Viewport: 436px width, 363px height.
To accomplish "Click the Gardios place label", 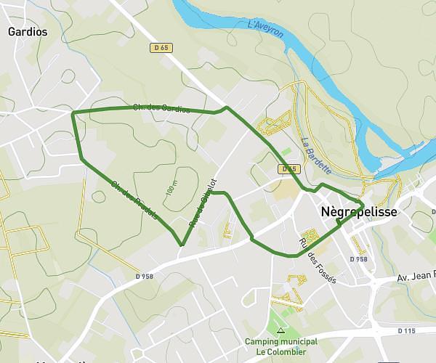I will coord(27,32).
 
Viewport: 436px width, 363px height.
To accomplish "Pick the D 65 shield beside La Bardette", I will coord(289,169).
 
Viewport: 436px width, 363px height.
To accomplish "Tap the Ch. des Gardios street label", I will coord(161,109).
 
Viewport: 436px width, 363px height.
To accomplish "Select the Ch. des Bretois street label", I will coord(131,197).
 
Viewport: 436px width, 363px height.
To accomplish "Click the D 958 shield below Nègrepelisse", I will coord(358,259).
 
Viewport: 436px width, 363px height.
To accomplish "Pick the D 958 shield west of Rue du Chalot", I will coord(144,276).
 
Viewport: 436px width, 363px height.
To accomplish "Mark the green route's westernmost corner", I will coord(73,113).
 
